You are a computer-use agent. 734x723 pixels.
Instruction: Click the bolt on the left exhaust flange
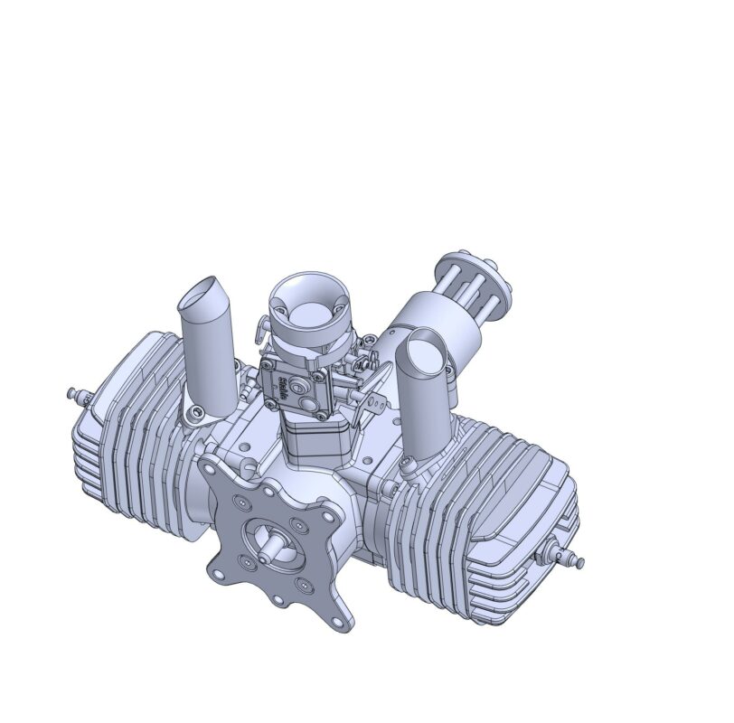point(190,413)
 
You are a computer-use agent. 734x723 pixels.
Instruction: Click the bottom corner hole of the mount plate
point(340,622)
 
